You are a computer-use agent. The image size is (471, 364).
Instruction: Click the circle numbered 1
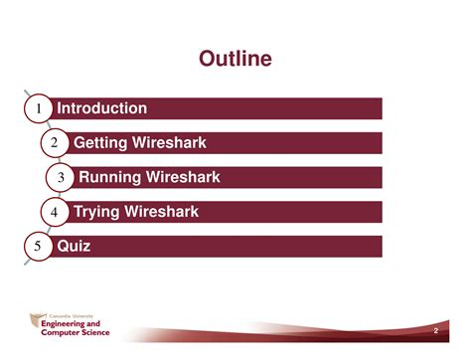pos(38,108)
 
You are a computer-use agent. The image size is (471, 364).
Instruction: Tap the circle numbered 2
pos(56,143)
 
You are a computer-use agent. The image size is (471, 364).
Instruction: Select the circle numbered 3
pos(61,178)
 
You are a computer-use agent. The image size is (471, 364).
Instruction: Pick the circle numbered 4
pos(54,212)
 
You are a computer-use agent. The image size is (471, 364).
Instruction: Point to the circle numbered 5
pos(38,247)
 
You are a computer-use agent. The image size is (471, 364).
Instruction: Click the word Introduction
pos(102,108)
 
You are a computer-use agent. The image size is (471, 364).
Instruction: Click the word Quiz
pos(74,246)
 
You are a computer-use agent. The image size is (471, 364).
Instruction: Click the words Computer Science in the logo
pos(76,332)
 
